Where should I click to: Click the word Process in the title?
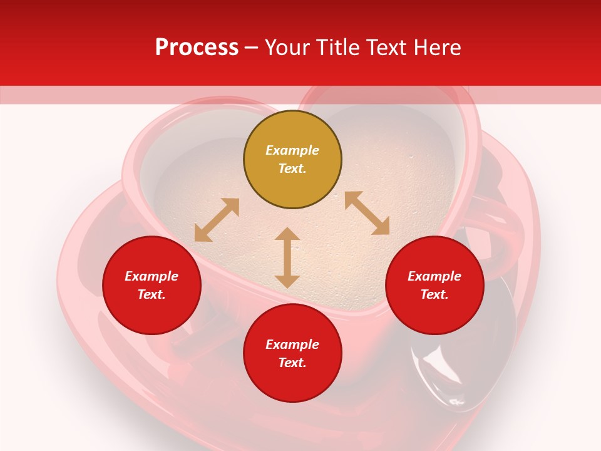(x=197, y=48)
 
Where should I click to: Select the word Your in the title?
(x=288, y=48)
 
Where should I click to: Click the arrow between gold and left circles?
(x=217, y=220)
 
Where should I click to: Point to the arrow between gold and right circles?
(x=367, y=213)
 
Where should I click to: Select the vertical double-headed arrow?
(x=287, y=257)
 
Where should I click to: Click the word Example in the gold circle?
(x=292, y=150)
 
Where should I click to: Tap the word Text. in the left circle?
(x=152, y=294)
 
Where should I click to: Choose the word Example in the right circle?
(x=434, y=276)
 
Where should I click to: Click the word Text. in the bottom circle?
(x=292, y=363)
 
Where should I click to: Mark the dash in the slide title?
(x=251, y=48)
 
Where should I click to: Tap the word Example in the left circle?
(x=152, y=276)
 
